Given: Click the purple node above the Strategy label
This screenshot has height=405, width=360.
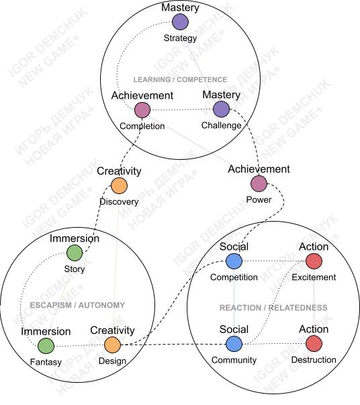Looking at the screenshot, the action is [x=180, y=22].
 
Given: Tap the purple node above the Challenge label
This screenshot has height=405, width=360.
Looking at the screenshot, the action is [x=222, y=109].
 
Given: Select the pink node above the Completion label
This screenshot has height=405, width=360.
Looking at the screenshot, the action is [x=142, y=109].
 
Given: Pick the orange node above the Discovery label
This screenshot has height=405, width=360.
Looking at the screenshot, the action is [x=119, y=186].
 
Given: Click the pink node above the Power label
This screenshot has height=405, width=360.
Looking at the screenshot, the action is [x=259, y=183].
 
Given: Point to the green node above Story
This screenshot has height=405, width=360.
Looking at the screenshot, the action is [x=75, y=253].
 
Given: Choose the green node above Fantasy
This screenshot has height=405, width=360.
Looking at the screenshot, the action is [x=46, y=346].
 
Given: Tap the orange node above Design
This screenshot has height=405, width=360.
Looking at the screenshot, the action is [x=112, y=345].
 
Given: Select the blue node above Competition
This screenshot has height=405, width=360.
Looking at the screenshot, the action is [x=234, y=261].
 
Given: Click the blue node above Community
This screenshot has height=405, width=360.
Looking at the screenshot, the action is [x=234, y=344].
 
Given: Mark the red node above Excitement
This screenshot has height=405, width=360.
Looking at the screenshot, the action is [x=314, y=261].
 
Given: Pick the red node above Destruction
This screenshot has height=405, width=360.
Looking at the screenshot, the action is [x=314, y=343].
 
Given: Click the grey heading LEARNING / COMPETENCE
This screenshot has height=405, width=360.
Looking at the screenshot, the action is [x=180, y=79].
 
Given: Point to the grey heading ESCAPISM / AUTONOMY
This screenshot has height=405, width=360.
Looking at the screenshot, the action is [x=77, y=305].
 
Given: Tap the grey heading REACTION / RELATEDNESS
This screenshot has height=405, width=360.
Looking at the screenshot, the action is [x=273, y=308].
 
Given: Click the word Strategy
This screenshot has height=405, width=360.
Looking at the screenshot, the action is [x=180, y=38].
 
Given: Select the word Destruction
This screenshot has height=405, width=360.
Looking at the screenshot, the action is [x=314, y=360].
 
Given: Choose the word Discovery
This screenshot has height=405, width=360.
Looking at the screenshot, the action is [x=119, y=201].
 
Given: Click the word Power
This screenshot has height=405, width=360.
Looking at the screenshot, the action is [x=259, y=199].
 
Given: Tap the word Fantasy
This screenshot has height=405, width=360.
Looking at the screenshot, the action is [x=46, y=362].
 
